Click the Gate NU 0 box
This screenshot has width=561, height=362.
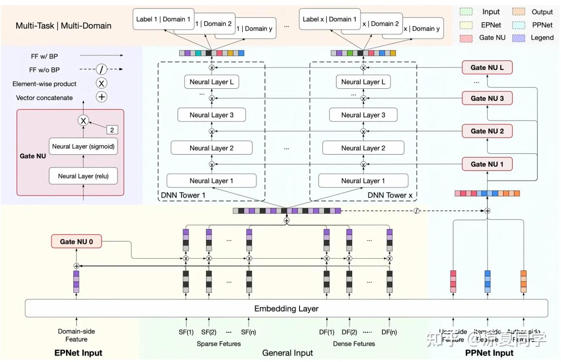coord(76,242)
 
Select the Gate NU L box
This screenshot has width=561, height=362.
coord(487,68)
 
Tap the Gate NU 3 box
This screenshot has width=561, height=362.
coord(487,98)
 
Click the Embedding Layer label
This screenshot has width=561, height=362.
coord(286,309)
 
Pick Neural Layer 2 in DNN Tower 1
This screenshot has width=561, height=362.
coord(211,148)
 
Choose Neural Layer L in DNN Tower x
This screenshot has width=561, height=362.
coord(363,82)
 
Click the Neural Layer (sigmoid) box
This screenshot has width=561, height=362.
coord(83,147)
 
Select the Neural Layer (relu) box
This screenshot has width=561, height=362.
coord(83,176)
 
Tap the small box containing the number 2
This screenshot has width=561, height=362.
coord(112,130)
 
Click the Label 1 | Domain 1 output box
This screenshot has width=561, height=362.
coord(163,19)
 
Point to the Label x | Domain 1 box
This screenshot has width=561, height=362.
coord(329,19)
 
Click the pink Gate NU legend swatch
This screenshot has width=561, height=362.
coord(466,38)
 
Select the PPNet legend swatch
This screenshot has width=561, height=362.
coord(518,25)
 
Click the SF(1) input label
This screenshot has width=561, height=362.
coord(186,332)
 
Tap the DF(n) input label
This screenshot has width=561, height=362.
coord(389,332)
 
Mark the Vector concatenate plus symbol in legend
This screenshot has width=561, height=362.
coord(102,97)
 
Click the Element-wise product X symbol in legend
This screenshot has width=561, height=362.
coord(102,83)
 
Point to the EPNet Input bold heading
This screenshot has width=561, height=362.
coord(78,353)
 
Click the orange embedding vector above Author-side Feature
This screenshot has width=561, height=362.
coord(523,281)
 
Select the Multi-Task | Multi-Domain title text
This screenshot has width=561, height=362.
coord(64,26)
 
